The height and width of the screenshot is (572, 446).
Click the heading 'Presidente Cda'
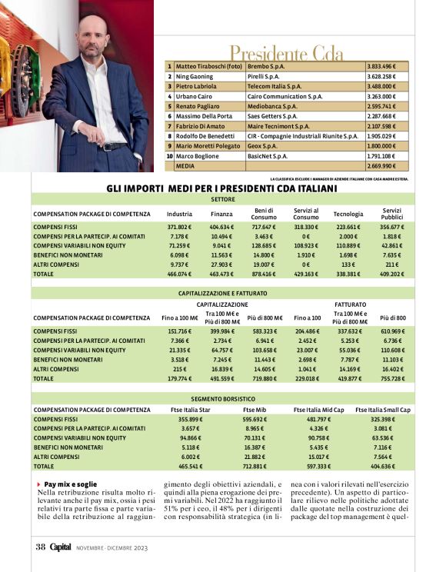coord(287,53)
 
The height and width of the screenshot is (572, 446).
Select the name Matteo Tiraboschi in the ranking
coord(208,67)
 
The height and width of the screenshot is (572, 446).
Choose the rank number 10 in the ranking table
coord(169,155)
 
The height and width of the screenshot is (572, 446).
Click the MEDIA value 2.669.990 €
coord(381,165)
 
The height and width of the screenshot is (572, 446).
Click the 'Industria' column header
coord(179,214)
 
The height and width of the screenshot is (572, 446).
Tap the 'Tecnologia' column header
coord(348,214)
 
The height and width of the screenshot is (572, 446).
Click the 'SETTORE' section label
coord(222,198)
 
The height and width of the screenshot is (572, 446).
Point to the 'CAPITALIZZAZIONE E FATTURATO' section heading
coord(222,293)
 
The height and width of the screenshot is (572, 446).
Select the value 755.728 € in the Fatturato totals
coord(392,378)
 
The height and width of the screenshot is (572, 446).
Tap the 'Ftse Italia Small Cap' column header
coord(383,410)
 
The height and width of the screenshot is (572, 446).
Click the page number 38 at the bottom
coord(41,547)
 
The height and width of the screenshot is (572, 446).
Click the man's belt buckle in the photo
coord(108,146)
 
